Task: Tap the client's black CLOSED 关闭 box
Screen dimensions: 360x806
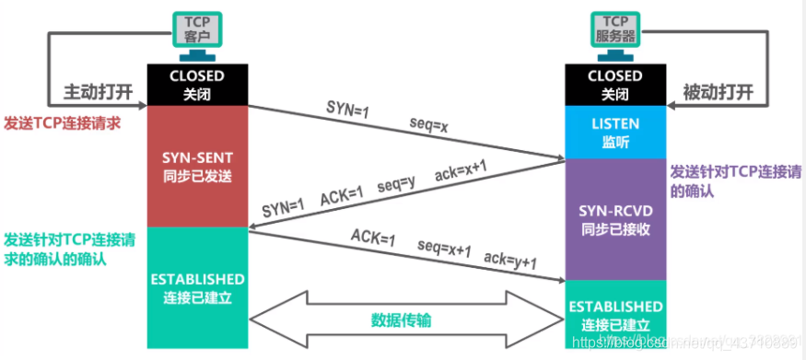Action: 197,84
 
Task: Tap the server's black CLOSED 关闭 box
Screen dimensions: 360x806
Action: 614,84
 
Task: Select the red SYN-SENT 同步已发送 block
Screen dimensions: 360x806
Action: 197,166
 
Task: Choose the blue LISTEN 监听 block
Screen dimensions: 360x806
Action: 614,130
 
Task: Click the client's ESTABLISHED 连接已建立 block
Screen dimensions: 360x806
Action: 197,286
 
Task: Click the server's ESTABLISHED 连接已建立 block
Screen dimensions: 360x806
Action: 614,314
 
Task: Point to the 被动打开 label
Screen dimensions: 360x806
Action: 718,92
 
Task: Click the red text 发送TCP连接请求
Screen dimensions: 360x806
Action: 62,122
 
